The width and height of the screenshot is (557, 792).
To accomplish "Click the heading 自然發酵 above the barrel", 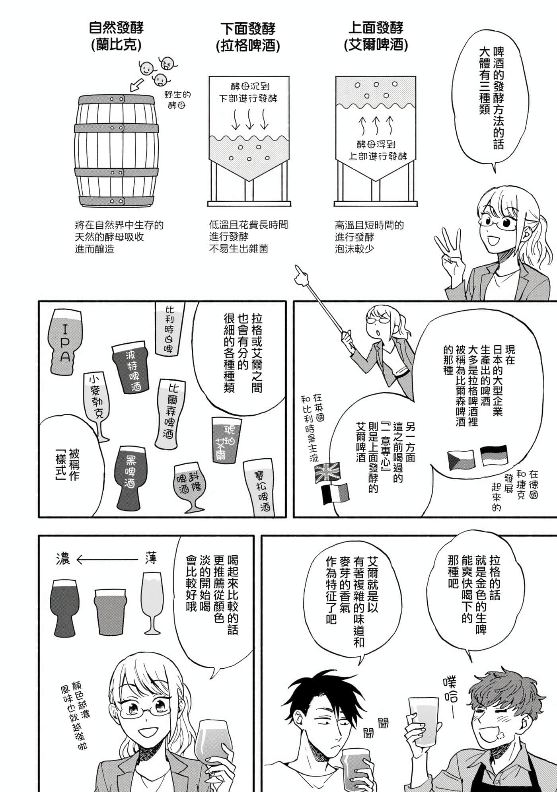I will tap(116, 28).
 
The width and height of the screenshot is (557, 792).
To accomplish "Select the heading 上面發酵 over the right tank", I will tap(376, 28).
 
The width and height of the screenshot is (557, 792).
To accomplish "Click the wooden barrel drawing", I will tap(116, 151).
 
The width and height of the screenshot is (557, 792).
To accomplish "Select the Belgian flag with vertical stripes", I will tap(335, 494).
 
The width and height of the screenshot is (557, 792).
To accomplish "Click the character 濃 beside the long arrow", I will tap(64, 558).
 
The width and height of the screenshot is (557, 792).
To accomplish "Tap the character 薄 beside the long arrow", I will tap(151, 558).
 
